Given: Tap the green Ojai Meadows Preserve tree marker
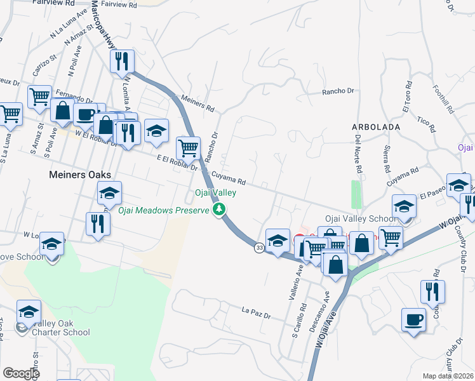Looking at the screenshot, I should click(220, 209).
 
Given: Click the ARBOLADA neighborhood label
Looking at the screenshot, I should click(375, 127).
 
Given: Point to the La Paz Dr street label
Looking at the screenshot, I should click(256, 312).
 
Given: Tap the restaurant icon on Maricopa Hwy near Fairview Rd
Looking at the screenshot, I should click(120, 62).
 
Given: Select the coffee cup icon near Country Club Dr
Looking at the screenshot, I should click(413, 319).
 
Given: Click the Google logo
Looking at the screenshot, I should click(21, 373).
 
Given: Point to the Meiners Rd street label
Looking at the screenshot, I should click(197, 104).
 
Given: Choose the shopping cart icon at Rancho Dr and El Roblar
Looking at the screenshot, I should click(188, 149).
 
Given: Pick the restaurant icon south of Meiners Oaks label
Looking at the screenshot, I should click(97, 224).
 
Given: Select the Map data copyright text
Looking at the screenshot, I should click(448, 376).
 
